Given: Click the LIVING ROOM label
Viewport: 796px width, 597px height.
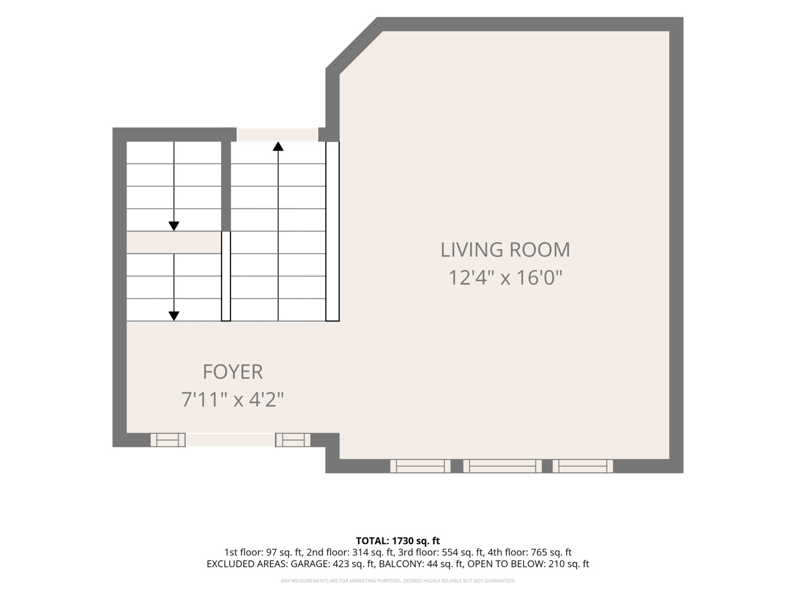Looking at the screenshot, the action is (505, 250).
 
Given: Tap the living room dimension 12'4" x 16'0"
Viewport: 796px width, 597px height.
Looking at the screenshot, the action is (505, 277).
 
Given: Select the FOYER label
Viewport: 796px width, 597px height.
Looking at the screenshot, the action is (233, 372).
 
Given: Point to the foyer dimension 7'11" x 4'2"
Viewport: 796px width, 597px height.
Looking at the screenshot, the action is (233, 400).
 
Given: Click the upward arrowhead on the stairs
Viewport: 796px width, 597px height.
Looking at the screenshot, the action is (278, 146).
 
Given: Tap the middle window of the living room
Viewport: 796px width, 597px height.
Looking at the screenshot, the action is (502, 466).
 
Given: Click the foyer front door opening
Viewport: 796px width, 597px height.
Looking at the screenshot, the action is (231, 440).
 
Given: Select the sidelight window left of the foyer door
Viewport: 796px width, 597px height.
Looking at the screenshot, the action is (168, 440).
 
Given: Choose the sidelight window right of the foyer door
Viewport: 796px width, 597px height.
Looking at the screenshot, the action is (292, 440).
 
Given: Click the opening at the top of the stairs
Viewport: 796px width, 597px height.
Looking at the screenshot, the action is (277, 134).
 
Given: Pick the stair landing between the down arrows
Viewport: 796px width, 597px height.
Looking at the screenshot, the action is (174, 243).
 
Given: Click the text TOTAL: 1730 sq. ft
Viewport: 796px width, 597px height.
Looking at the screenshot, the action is (398, 541).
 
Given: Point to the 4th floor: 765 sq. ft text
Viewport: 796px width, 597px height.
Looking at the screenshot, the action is (529, 552).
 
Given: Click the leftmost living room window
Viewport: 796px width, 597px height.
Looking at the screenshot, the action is (420, 466).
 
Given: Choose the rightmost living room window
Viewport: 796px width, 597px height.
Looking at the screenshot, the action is (583, 466).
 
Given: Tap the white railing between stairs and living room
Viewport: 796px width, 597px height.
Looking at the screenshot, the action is (332, 231).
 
